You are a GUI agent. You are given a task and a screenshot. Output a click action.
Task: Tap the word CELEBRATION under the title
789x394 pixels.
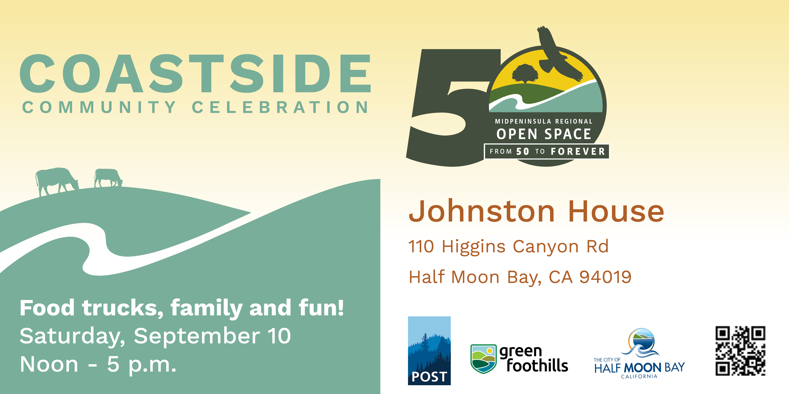point(280,107)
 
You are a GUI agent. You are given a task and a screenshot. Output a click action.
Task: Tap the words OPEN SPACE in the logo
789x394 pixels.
point(544,134)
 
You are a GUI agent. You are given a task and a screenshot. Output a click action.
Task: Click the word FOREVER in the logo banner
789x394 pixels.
point(578,151)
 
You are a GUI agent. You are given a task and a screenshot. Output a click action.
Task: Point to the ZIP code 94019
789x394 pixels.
point(605,277)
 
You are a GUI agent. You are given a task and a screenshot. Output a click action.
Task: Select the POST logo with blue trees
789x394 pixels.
point(429,351)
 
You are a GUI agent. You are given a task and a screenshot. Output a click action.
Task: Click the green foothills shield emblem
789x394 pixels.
point(483,358)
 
